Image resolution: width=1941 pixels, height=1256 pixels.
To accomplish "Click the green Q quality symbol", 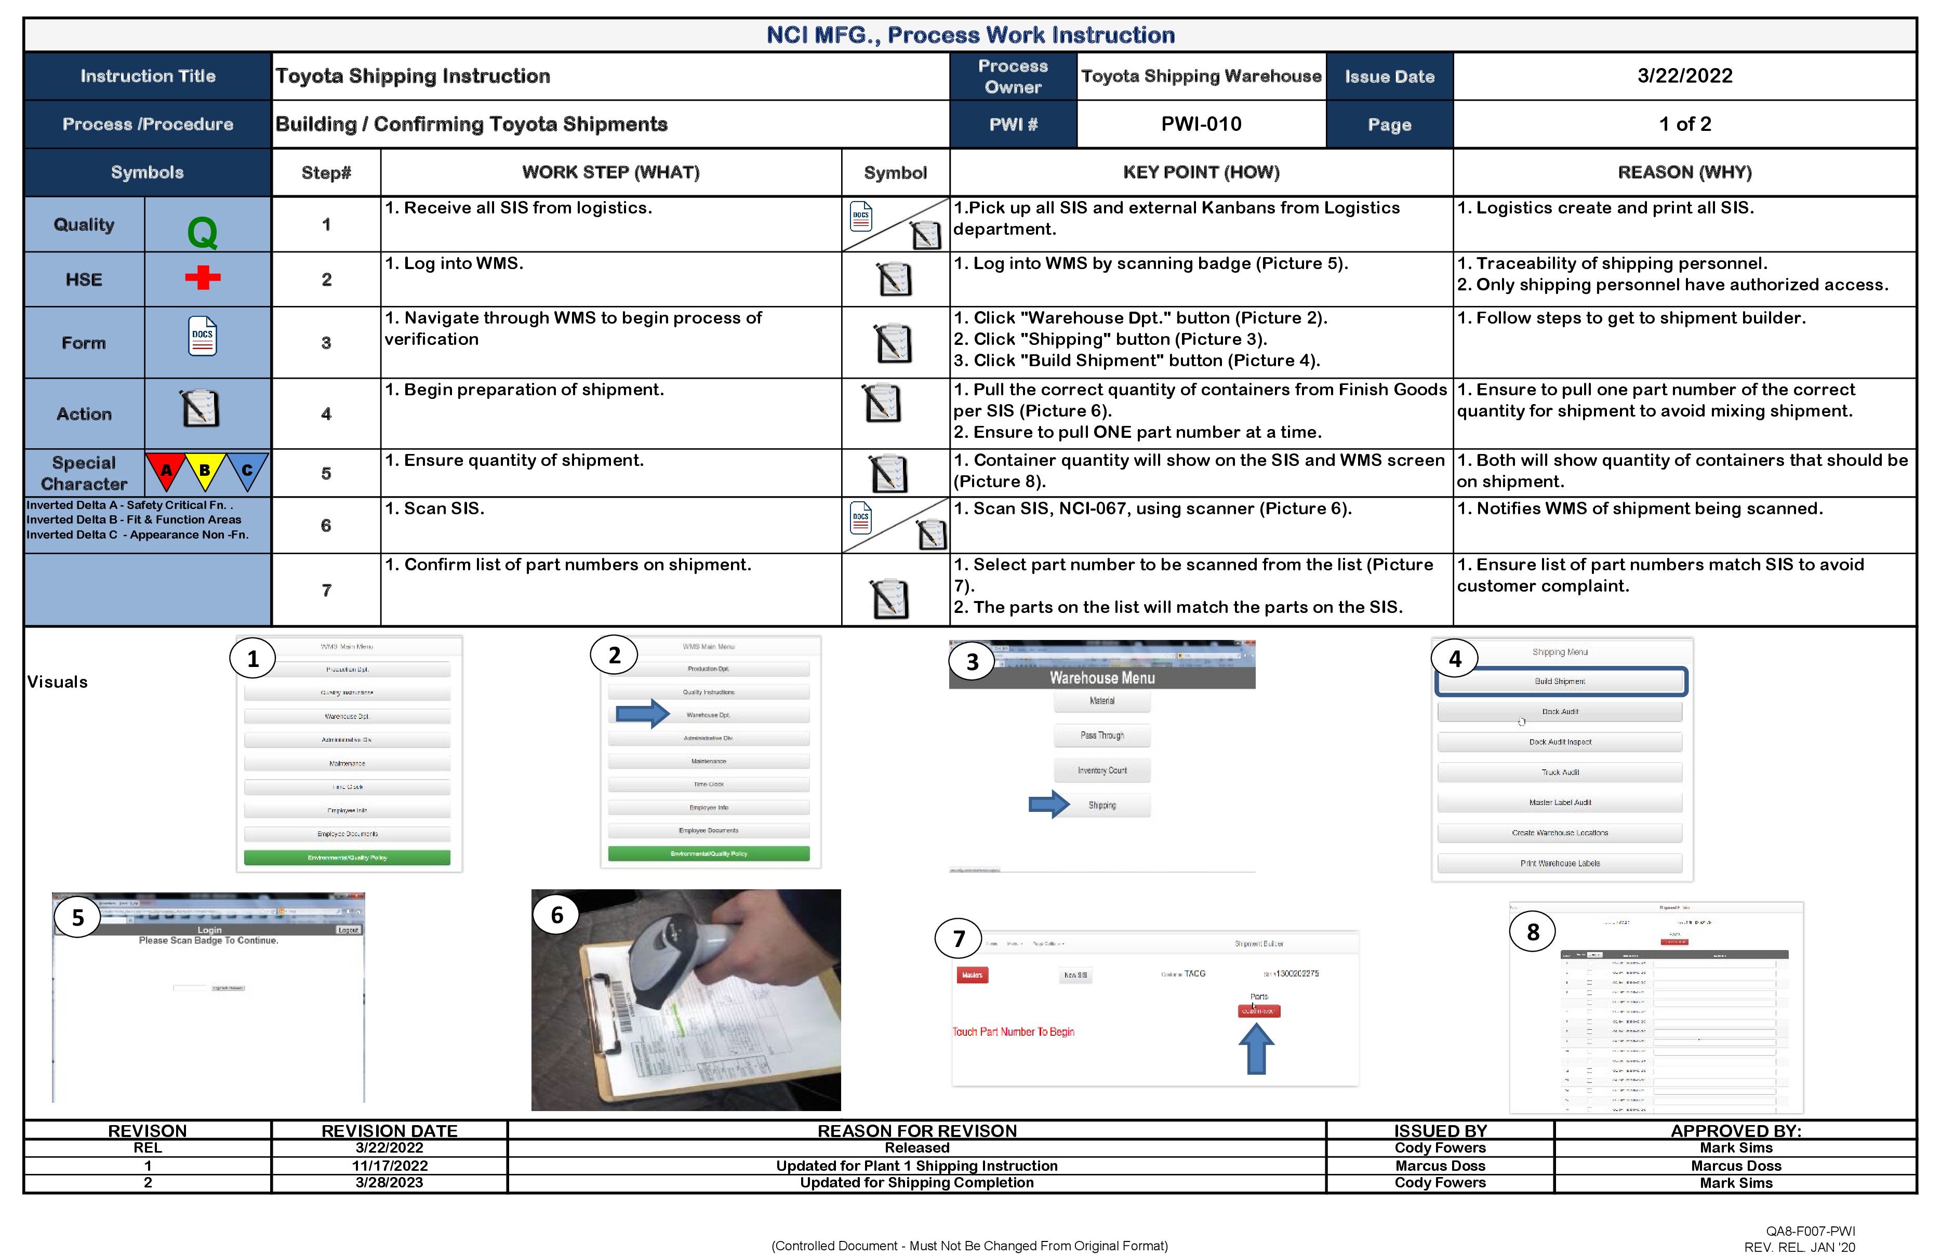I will coord(202,232).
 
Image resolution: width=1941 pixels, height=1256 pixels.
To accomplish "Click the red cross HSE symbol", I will coord(202,277).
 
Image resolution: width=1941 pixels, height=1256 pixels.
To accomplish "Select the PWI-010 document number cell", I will coord(1201,124).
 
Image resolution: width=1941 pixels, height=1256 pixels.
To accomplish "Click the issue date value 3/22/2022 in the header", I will coord(1684,76).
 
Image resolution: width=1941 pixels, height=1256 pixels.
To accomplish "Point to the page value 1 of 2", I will coord(1684,124).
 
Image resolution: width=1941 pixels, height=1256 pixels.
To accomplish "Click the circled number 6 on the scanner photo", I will coord(557,915).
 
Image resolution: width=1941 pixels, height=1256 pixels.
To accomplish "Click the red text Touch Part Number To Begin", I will coord(1013,1032).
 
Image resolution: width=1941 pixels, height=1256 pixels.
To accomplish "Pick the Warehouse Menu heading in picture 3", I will coord(1102,678).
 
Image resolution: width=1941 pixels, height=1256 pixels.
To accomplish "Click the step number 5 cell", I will coord(326,473).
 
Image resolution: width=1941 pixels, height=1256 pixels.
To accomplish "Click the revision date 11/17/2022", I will coord(389,1166).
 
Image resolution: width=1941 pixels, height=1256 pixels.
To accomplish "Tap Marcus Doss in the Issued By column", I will coord(1440,1166).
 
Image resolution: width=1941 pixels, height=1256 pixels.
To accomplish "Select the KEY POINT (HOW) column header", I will coord(1201,172).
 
